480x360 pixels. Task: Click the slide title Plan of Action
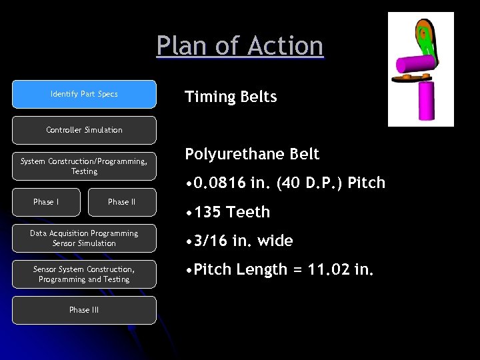pos(240,46)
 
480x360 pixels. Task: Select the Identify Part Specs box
pos(84,94)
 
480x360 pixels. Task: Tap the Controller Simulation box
pos(84,130)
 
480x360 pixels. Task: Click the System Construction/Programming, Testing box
pos(84,166)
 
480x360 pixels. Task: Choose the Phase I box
pos(46,202)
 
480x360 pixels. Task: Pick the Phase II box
pos(122,202)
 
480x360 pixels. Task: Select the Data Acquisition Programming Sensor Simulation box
pos(84,238)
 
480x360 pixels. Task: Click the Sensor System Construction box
pos(84,274)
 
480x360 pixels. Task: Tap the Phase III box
pos(84,310)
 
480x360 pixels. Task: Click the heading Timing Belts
pos(231,97)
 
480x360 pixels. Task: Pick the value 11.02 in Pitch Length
pos(333,270)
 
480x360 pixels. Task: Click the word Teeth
pos(248,212)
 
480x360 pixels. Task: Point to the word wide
pos(275,241)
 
